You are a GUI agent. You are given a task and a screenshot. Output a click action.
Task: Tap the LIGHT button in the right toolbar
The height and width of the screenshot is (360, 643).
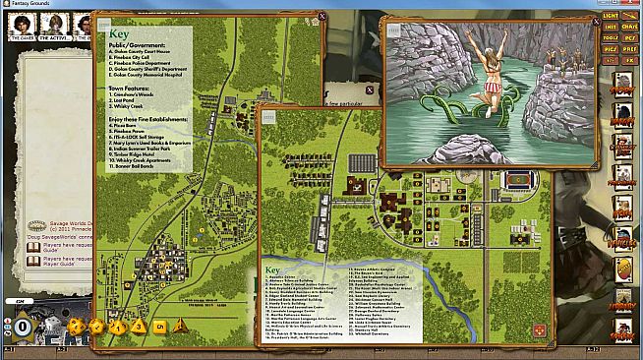point(611,16)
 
